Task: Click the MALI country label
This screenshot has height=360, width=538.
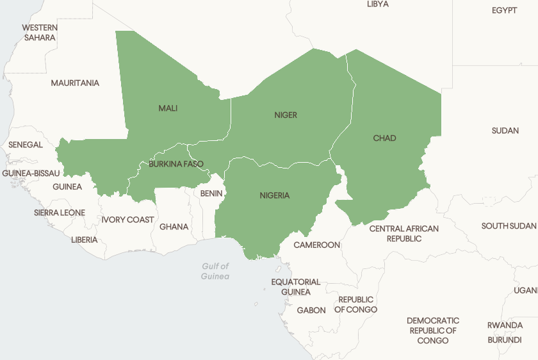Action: [x=168, y=108]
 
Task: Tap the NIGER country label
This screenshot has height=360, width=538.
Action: [x=286, y=115]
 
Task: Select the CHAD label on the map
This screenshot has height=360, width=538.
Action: [x=384, y=138]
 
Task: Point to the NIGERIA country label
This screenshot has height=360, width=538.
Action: [x=275, y=195]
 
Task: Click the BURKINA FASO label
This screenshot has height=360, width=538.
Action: [x=176, y=164]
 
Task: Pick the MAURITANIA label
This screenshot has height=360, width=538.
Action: [x=75, y=83]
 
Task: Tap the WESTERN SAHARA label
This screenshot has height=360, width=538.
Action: [x=40, y=33]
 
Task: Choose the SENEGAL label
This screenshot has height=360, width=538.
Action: [x=26, y=145]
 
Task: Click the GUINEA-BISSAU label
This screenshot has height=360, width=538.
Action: [x=31, y=174]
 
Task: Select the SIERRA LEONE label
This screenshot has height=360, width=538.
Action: [x=60, y=213]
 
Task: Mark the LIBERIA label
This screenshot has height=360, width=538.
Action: [x=85, y=240]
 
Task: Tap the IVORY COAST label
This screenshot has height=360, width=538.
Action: [x=127, y=220]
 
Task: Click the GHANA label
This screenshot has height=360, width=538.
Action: [x=174, y=227]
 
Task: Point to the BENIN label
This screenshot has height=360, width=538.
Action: [x=211, y=193]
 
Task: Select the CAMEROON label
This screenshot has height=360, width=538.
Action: [x=317, y=245]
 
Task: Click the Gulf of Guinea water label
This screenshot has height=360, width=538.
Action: [x=215, y=271]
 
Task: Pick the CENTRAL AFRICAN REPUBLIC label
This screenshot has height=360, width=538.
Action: [x=404, y=233]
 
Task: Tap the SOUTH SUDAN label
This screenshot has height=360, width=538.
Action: [x=509, y=226]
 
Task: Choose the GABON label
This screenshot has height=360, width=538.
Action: [x=311, y=310]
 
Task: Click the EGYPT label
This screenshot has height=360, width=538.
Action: [x=505, y=10]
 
